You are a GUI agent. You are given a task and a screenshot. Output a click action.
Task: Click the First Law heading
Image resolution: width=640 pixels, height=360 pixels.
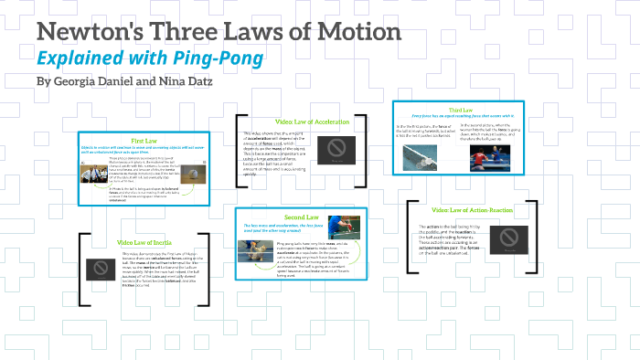coord(144,141)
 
